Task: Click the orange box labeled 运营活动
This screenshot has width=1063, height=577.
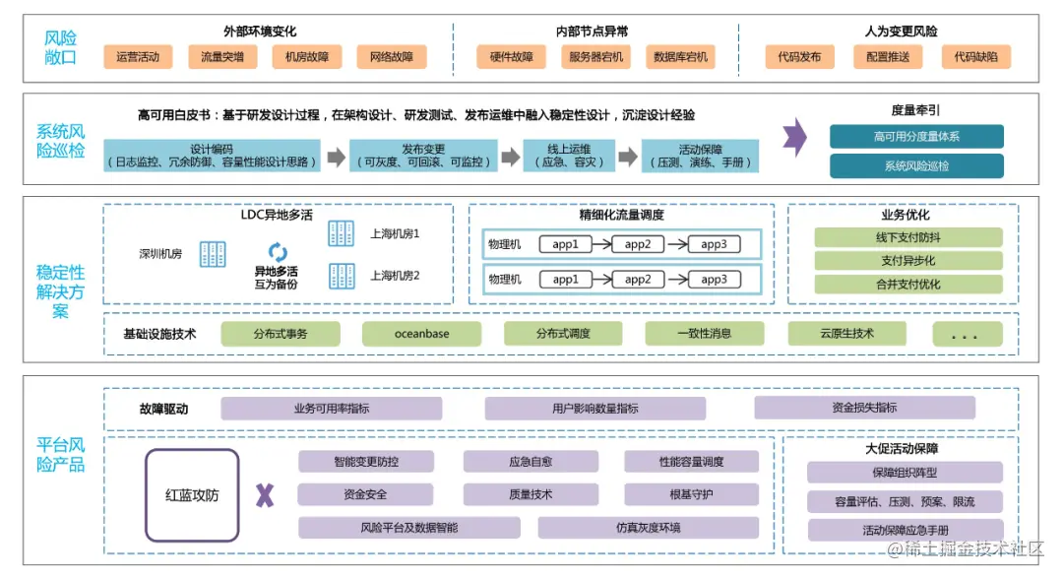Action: [x=138, y=57]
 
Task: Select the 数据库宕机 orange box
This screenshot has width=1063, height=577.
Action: [x=680, y=57]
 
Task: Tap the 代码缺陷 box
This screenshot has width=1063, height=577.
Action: [x=975, y=57]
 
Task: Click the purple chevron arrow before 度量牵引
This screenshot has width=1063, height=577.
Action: [x=795, y=138]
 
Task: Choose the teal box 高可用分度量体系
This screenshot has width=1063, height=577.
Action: [x=916, y=137]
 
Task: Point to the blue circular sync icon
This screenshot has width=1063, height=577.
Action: [x=278, y=253]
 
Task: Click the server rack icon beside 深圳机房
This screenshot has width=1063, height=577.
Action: [x=213, y=254]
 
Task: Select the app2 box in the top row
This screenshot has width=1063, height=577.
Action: [x=638, y=244]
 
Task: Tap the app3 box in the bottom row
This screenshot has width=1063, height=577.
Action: [x=714, y=280]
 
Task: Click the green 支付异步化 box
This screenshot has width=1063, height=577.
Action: [x=907, y=261]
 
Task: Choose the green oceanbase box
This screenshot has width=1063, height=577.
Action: [x=421, y=334]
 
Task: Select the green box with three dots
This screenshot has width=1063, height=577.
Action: [x=962, y=334]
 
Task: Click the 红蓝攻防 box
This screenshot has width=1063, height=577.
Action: [x=192, y=495]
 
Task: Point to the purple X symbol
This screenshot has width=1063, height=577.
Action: [x=265, y=495]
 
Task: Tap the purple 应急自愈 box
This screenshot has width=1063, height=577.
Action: [x=531, y=461]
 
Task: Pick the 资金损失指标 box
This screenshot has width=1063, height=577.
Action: [x=864, y=408]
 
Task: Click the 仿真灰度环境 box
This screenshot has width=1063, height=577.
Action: [x=648, y=528]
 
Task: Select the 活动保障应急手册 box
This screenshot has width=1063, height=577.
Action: [x=905, y=531]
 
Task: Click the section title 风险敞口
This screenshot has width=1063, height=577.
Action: [x=60, y=47]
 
